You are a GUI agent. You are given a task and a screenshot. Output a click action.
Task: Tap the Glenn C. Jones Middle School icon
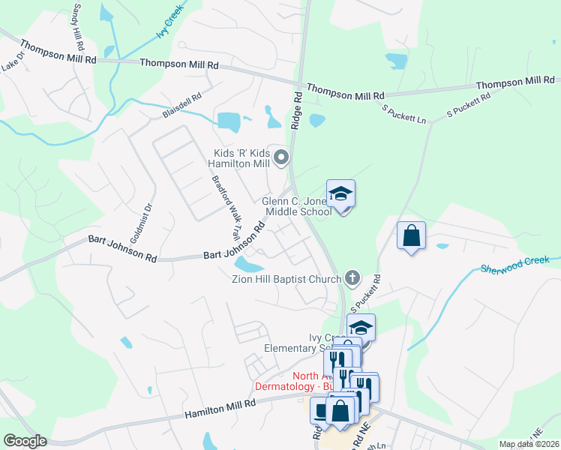[x=340, y=194]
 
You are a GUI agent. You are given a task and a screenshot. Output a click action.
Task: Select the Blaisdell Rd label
[x=182, y=106]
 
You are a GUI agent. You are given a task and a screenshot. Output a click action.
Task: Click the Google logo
[x=25, y=441]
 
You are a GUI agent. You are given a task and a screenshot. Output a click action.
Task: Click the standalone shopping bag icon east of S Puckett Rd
[x=411, y=235]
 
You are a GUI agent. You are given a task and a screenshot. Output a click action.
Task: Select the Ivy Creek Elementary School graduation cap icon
[x=361, y=328]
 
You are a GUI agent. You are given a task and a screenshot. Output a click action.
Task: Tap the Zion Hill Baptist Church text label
[x=287, y=279]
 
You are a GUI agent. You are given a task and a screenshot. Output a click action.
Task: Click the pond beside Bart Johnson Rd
[x=249, y=265]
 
